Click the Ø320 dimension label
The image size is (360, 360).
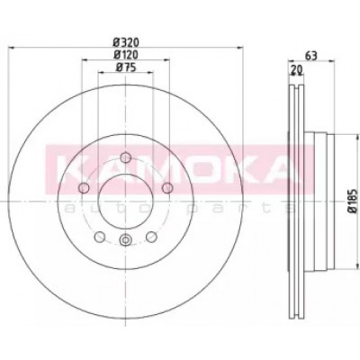(x=127, y=41)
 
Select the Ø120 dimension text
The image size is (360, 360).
(x=126, y=55)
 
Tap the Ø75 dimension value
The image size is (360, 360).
(x=126, y=67)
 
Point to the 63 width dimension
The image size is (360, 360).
(x=311, y=56)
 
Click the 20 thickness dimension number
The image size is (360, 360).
(x=296, y=70)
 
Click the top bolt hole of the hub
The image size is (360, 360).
(x=125, y=157)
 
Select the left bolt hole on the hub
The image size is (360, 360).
(x=84, y=188)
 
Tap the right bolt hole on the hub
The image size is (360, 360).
(x=167, y=188)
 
